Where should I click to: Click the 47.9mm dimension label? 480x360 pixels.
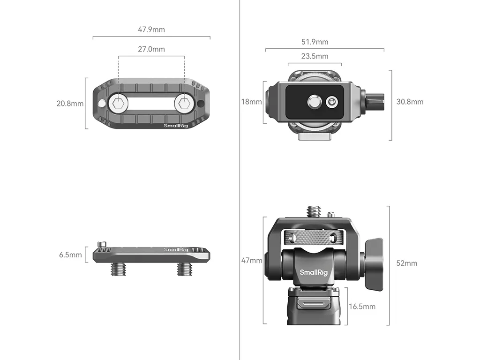[151, 30]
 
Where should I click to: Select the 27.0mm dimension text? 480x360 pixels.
[151, 49]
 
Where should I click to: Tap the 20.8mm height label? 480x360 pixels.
[70, 104]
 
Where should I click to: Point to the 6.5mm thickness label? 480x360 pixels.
[70, 255]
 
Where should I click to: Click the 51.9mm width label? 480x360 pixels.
[315, 42]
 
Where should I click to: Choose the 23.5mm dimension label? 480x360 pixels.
[315, 56]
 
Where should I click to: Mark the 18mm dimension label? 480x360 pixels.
[251, 102]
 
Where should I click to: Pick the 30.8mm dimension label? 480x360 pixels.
[410, 102]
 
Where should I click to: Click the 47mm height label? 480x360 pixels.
[252, 260]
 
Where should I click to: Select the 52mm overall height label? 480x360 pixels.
[406, 263]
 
